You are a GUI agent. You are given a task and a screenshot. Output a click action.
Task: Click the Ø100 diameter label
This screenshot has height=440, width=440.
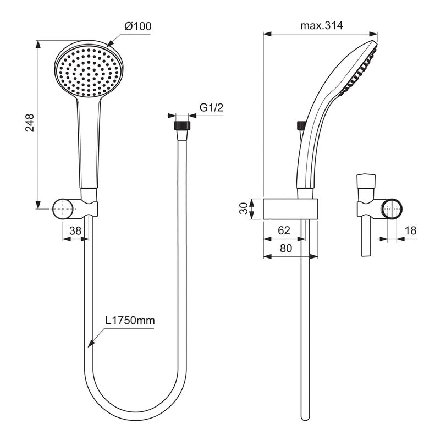(138, 26)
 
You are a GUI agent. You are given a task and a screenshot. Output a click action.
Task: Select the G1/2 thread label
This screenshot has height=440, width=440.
(211, 108)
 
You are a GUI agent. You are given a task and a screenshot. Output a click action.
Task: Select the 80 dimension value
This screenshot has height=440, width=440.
(286, 248)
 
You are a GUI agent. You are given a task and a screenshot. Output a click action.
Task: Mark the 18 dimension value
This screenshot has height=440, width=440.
(410, 231)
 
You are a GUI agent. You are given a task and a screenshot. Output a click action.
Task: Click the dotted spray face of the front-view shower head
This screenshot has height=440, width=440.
(89, 71)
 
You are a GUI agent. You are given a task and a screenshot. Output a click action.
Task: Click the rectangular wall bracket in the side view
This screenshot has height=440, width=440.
(290, 209)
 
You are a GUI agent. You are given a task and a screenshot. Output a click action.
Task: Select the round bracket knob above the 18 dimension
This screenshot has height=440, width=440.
(393, 209)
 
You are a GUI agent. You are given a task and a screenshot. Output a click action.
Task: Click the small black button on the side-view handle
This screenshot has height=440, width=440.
(301, 125)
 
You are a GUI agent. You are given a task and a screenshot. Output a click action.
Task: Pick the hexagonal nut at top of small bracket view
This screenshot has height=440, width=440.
(366, 181)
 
